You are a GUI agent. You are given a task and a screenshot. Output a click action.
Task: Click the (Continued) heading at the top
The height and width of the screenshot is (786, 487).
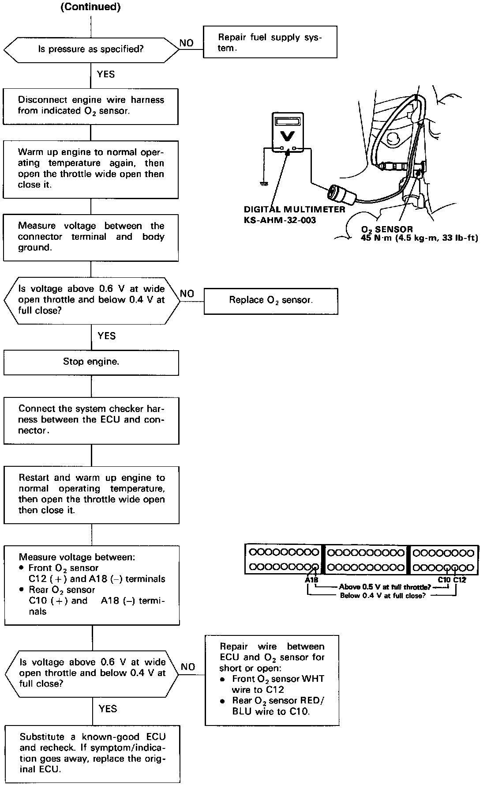90,7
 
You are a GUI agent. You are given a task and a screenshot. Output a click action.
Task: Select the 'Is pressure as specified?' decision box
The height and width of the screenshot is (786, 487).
91,49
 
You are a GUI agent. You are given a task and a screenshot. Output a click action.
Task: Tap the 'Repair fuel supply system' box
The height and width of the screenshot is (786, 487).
270,42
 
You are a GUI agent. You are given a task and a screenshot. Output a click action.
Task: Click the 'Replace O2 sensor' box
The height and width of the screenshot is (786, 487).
271,301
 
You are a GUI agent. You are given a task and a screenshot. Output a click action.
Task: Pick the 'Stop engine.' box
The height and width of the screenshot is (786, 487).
91,362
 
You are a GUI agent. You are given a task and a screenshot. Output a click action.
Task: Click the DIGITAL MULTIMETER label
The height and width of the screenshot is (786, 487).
294,209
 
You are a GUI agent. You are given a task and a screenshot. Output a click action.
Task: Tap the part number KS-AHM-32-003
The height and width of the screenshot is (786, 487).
280,220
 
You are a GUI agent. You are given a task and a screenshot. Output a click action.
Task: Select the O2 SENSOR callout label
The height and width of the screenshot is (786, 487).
387,230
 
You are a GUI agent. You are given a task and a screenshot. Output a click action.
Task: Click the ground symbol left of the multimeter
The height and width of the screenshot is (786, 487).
264,183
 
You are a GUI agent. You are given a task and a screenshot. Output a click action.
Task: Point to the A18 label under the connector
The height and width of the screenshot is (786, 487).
311,580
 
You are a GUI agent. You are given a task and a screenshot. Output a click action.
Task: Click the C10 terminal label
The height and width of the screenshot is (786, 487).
444,580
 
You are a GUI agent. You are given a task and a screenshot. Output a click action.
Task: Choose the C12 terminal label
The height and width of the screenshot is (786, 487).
460,580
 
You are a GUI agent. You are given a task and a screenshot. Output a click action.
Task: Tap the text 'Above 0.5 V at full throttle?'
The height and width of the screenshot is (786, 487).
385,587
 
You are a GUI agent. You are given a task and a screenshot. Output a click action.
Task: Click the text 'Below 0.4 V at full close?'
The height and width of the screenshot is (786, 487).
383,596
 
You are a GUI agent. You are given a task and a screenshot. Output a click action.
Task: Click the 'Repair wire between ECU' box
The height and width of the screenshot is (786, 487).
272,680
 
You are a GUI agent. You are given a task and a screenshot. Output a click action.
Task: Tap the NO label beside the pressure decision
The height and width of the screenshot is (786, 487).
187,43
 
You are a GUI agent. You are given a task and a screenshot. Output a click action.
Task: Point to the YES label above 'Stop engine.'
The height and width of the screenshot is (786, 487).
106,336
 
